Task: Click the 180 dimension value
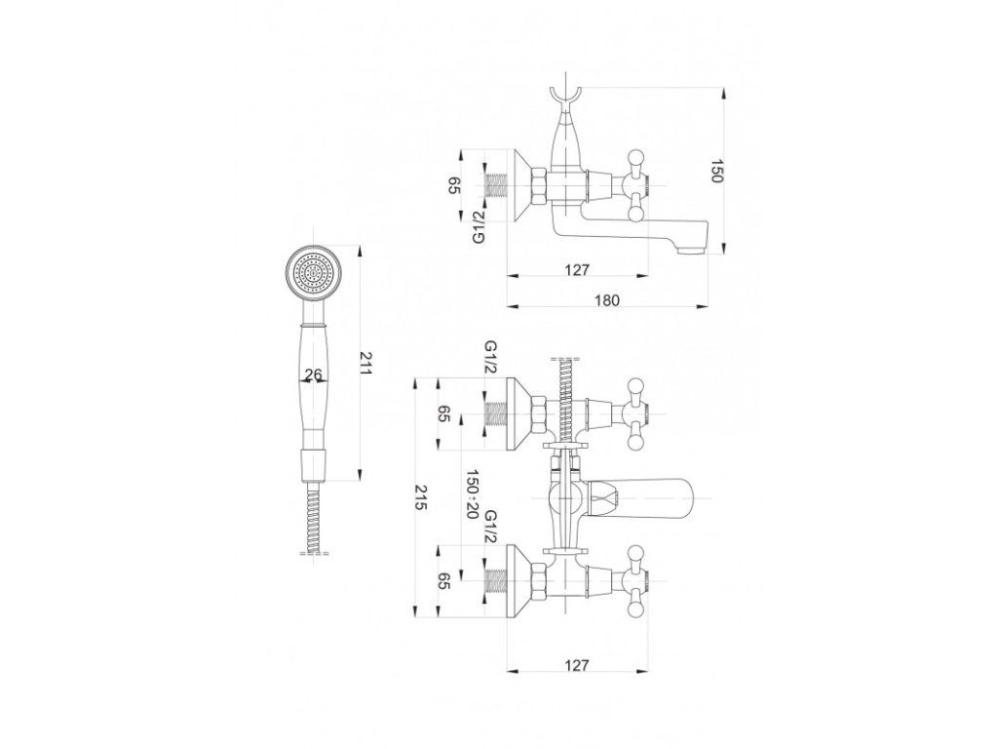[607, 300]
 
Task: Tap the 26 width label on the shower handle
[313, 374]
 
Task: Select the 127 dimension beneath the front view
[577, 665]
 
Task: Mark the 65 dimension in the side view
[454, 186]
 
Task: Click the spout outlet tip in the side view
[693, 250]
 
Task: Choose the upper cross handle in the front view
[635, 412]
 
